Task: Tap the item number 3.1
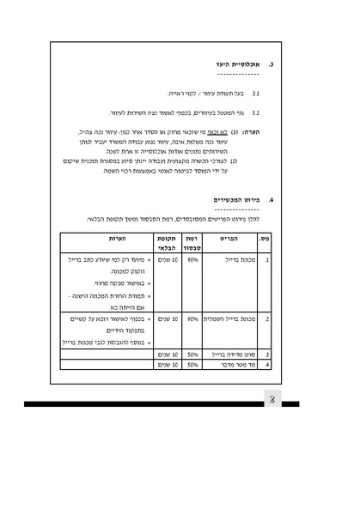256,93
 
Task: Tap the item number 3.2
256,112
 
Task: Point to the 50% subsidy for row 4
193,364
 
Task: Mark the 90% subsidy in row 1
193,258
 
